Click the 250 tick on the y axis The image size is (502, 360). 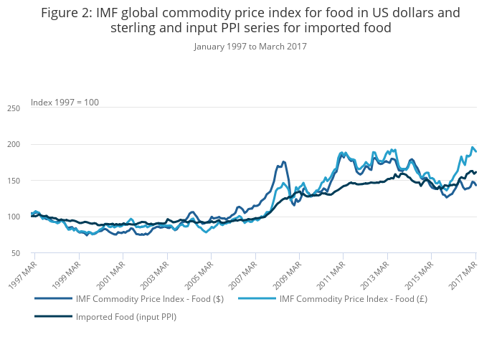pos(13,108)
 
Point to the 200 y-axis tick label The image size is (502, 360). pos(13,145)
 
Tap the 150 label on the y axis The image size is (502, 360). pos(13,181)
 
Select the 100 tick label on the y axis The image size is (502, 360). pos(13,217)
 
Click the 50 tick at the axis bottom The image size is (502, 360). pos(15,253)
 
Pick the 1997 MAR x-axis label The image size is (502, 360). pos(21,273)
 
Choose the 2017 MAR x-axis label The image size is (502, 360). pos(463,273)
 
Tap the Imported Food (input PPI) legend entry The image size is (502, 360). pos(126,316)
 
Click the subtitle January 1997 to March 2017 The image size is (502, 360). pos(250,46)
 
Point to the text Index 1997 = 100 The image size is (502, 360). pos(65,102)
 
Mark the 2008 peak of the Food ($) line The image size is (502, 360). pos(283,162)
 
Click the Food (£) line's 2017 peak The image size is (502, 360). pos(473,147)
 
